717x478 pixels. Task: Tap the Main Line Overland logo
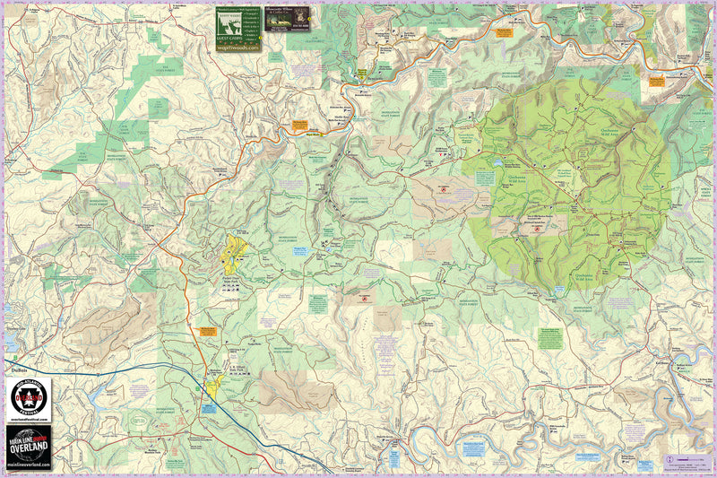click(29, 445)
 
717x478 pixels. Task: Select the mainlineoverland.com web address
click(29, 466)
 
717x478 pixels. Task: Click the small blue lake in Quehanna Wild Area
click(492, 165)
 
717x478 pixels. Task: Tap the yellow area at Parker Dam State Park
click(237, 250)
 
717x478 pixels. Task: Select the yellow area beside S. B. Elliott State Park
click(215, 387)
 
